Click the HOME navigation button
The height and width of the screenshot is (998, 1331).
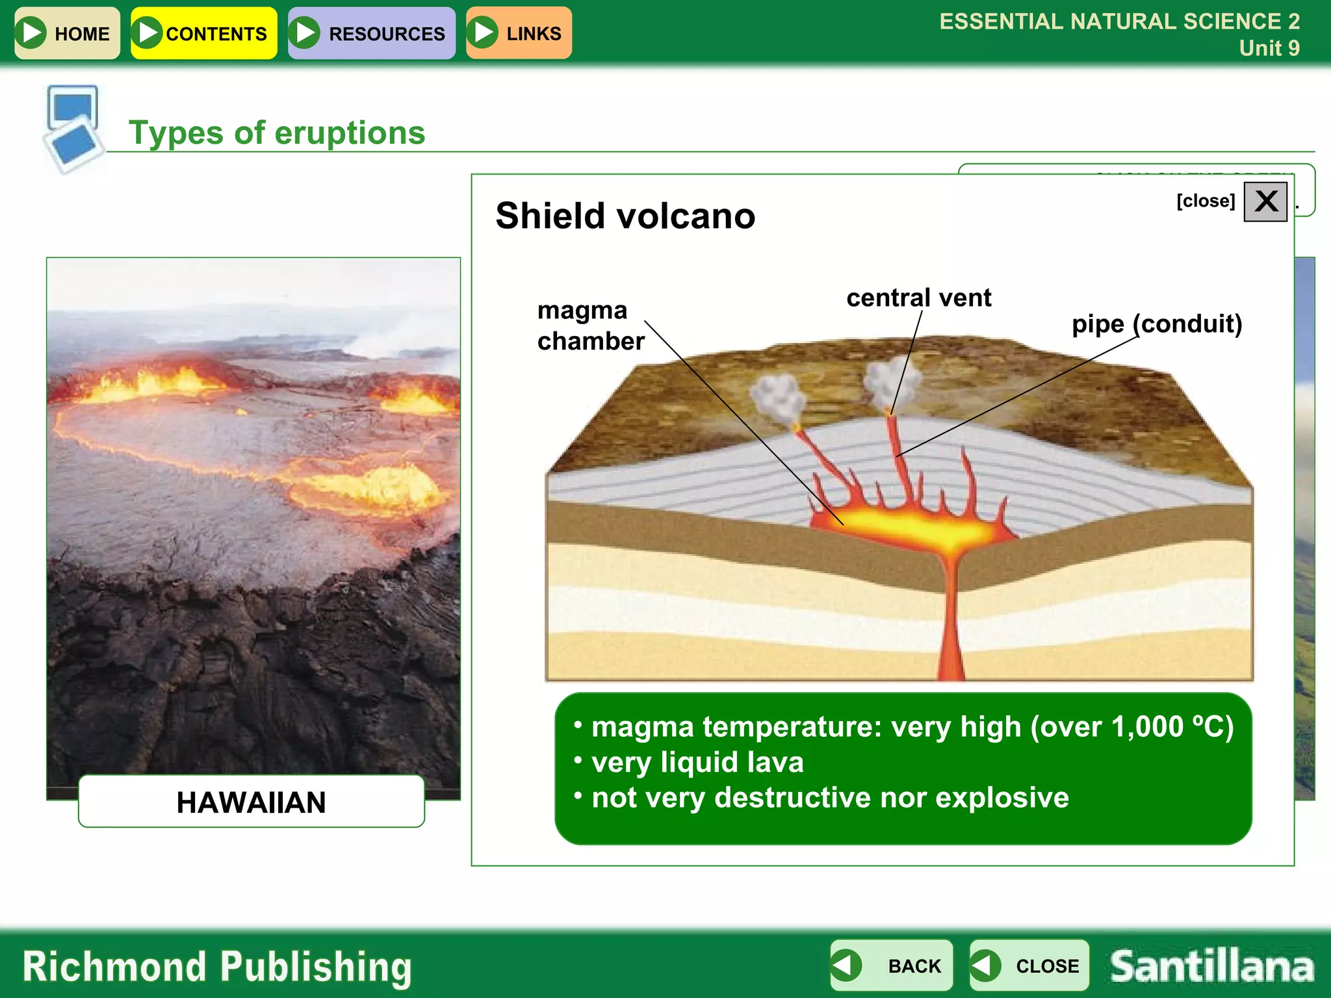[67, 33]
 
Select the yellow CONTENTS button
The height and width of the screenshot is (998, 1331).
[203, 33]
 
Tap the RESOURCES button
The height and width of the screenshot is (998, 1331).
[371, 33]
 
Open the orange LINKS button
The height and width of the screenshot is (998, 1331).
[519, 33]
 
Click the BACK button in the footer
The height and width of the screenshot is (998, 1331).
[891, 966]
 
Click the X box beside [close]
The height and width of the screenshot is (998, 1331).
[1265, 201]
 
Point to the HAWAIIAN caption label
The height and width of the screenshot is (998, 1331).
[251, 802]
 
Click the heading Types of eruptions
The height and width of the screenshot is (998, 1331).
[277, 133]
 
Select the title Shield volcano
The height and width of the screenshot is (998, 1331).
[625, 216]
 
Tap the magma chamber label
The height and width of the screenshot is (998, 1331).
[590, 326]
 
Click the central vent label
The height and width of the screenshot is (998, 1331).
[918, 298]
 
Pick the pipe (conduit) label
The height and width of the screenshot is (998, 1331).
[1156, 324]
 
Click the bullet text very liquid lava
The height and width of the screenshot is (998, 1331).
[697, 762]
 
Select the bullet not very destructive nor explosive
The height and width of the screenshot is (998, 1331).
[830, 798]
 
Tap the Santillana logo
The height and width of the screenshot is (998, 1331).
[1211, 966]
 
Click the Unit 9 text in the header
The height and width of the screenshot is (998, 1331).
[1269, 48]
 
